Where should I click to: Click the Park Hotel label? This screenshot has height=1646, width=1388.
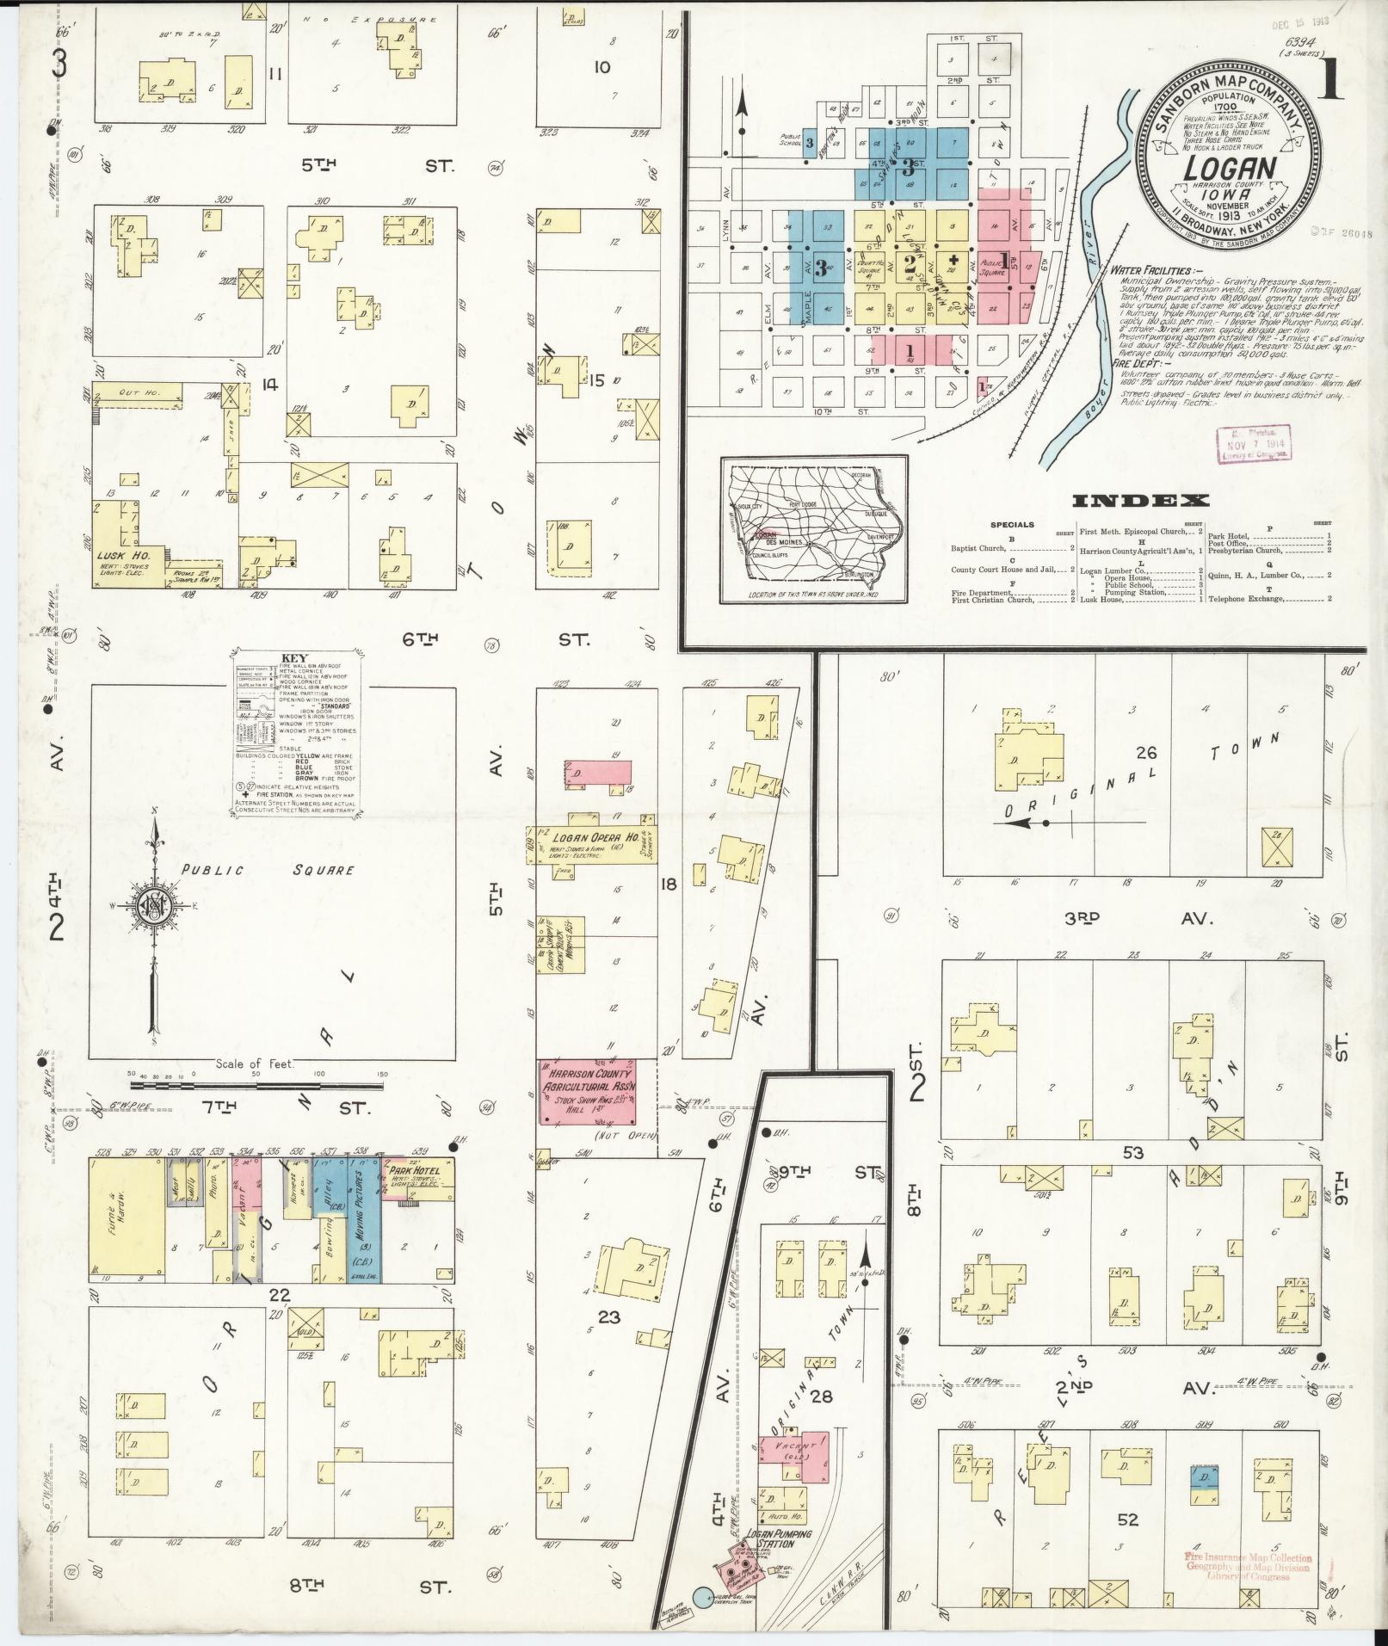click(413, 1171)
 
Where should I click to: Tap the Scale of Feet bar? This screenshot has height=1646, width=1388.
click(256, 1086)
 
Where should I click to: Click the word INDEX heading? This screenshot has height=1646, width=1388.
click(1141, 501)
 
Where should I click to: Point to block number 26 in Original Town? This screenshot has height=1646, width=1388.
click(1145, 752)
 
